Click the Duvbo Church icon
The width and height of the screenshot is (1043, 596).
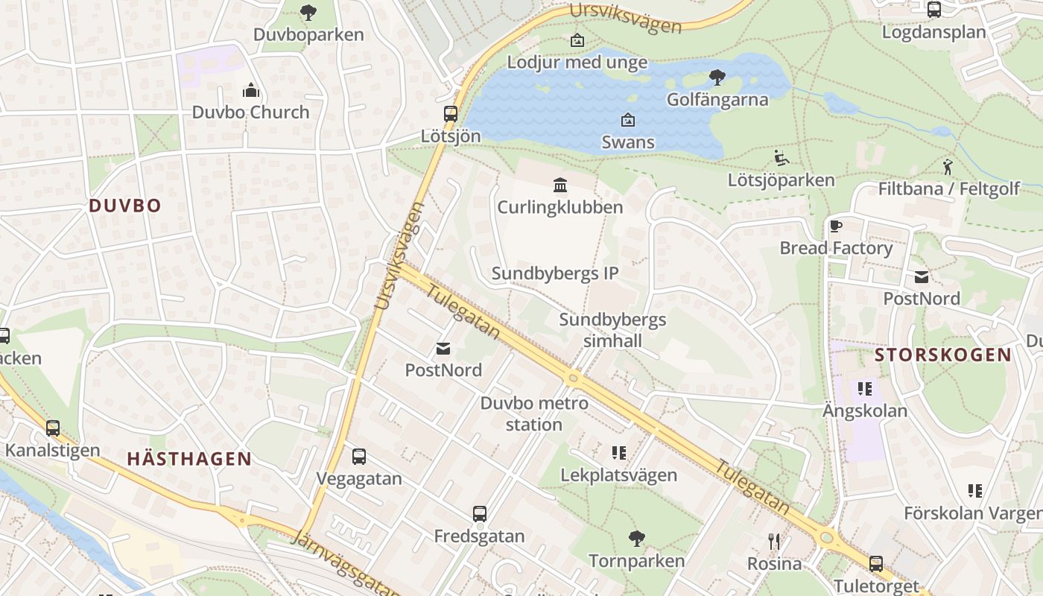(251, 91)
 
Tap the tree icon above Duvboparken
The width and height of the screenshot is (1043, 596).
(308, 13)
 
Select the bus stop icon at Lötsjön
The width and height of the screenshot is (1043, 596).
(451, 114)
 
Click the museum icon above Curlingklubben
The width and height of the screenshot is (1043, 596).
(560, 185)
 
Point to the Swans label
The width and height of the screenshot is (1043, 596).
(628, 142)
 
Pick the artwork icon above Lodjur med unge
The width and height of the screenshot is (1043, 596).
(577, 40)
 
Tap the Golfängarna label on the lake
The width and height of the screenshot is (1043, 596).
(717, 99)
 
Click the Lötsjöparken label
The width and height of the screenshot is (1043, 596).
(781, 180)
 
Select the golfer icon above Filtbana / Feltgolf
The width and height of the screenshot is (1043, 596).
(948, 167)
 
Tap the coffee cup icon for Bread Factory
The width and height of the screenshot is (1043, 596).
(835, 226)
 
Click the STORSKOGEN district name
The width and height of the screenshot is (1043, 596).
(943, 355)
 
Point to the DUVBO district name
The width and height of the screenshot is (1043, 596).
(125, 206)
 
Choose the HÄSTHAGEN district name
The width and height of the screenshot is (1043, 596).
(189, 459)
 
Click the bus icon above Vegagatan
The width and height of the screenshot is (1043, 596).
(359, 457)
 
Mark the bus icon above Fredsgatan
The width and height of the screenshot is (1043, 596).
(480, 514)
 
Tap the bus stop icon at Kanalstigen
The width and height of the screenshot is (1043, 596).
(52, 428)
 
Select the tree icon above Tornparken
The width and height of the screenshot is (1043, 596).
(636, 538)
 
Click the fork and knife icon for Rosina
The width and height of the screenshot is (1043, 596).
(774, 542)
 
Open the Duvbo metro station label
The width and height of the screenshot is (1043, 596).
(534, 414)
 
